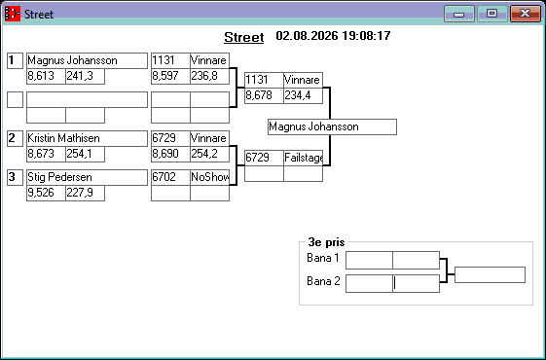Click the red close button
pos(526,14)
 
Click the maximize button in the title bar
pos(491,14)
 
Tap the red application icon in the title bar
pos(13,14)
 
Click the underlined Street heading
pos(243,37)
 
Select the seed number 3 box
pos(15,177)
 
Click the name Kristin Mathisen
pos(63,138)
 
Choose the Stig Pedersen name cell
pos(87,177)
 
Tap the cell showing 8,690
pos(170,154)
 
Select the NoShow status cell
pos(209,177)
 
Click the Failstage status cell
pos(303,158)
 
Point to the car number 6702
pos(164,177)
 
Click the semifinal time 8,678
pos(259,95)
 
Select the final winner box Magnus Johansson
pos(332,126)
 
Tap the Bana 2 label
pos(323,281)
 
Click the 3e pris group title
pos(326,242)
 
